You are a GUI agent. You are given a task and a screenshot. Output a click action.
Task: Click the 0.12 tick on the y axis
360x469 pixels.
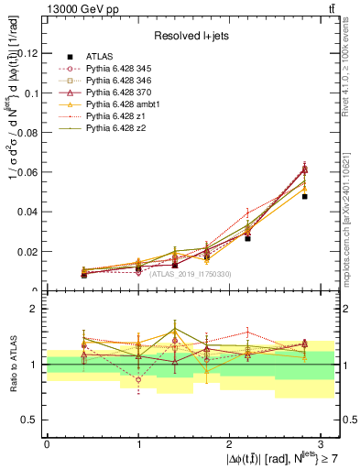31,53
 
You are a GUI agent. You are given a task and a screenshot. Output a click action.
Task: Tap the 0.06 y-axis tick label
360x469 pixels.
31,172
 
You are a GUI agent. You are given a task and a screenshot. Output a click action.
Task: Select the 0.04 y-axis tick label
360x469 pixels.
31,212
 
